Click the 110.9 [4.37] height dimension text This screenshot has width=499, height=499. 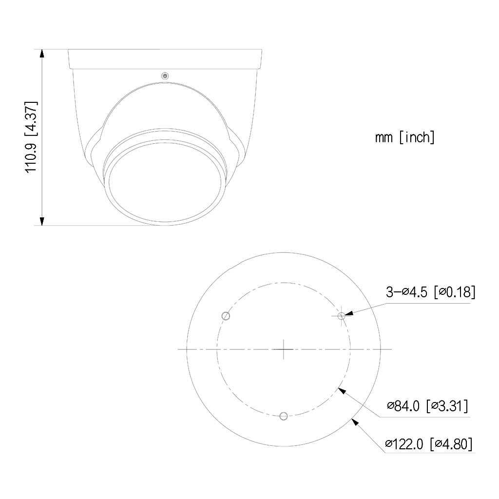point(31,137)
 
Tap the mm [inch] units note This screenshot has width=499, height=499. point(405,137)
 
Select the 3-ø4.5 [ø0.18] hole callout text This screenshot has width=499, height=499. point(431,292)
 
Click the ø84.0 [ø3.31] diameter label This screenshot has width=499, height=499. point(428,406)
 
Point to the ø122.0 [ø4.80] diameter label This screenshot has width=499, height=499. point(429,443)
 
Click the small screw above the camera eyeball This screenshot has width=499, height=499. point(165,76)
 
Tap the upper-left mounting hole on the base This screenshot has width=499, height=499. point(226,316)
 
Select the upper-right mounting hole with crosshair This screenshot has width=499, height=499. point(341,316)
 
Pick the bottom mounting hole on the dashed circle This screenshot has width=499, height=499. point(284,416)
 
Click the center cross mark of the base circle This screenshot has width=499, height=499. point(284,349)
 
